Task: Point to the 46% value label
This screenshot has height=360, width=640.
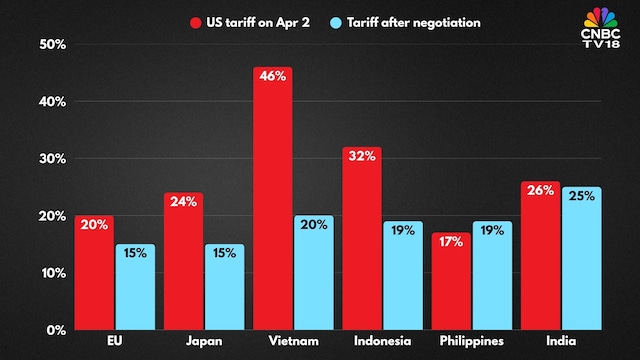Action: [x=272, y=82]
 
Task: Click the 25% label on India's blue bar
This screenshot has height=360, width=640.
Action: [x=581, y=196]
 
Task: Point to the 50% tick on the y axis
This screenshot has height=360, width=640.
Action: [x=51, y=44]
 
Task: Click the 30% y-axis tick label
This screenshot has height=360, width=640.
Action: [x=51, y=158]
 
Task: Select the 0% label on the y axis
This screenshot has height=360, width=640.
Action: [x=55, y=329]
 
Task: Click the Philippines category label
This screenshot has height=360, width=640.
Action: [x=470, y=343]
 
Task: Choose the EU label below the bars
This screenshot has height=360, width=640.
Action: [x=114, y=343]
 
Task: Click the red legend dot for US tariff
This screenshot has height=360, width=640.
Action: [x=197, y=21]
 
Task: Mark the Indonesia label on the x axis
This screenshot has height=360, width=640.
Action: [x=382, y=343]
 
